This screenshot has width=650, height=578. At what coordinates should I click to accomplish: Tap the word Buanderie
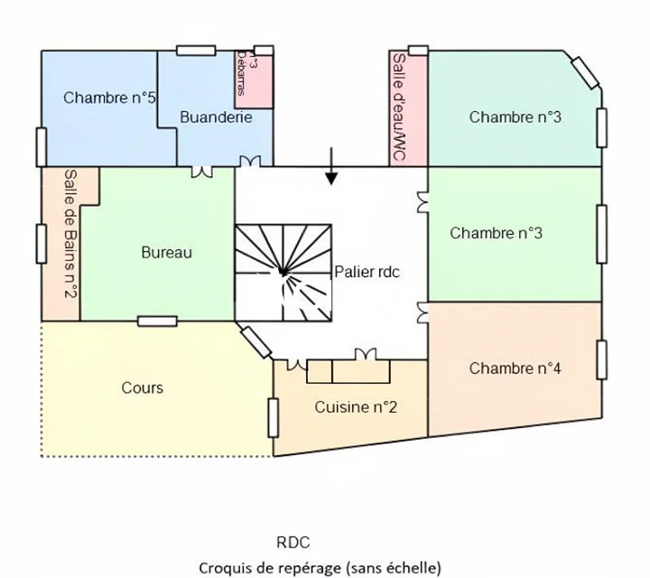[216, 117]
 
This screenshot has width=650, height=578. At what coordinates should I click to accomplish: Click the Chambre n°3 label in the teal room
[515, 117]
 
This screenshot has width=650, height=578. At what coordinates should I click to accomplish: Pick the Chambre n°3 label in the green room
[497, 233]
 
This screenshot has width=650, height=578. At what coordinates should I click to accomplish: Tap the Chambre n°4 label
[515, 368]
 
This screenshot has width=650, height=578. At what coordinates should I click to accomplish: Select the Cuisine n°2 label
[356, 407]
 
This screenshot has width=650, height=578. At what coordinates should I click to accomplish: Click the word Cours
[143, 387]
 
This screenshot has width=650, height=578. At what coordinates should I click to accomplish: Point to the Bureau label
[166, 253]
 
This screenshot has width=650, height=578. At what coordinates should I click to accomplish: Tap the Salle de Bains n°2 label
[70, 239]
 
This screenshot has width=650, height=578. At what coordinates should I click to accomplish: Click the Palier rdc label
[367, 271]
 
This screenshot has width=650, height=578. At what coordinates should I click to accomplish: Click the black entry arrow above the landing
[332, 169]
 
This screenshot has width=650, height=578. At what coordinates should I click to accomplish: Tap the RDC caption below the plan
[293, 543]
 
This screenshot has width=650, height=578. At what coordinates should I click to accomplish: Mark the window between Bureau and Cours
[157, 321]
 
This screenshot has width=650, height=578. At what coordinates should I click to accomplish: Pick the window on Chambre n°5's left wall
[41, 146]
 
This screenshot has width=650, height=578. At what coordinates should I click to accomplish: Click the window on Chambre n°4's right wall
[602, 359]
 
